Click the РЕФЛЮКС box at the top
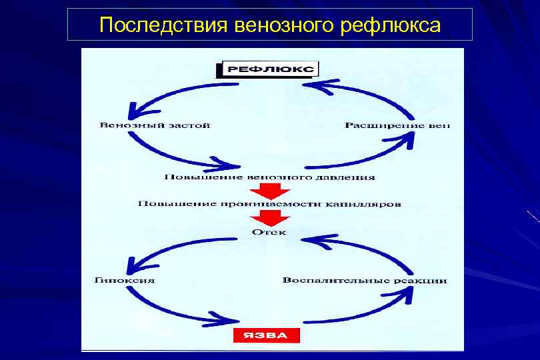click(269, 69)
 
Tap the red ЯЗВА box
click(266, 335)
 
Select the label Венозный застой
click(155, 125)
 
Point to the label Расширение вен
click(397, 125)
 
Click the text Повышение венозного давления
click(269, 177)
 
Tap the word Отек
click(269, 232)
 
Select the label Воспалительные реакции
click(365, 280)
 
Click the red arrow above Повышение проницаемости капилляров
click(269, 191)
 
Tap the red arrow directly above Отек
click(269, 218)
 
